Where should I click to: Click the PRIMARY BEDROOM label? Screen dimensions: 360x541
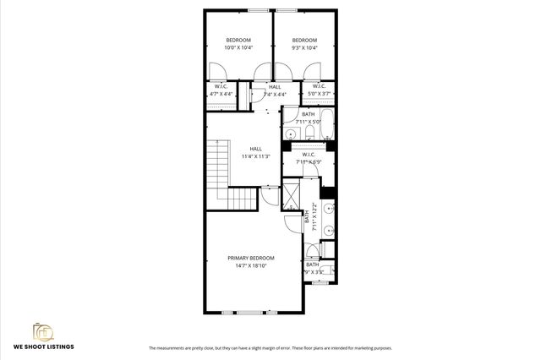[251, 258]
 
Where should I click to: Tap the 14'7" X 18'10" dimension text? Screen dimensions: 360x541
[251, 266]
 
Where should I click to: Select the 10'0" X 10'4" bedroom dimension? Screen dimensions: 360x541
[238, 48]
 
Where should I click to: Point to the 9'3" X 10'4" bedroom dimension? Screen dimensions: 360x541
[304, 48]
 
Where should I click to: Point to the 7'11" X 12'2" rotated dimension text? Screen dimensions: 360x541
[315, 217]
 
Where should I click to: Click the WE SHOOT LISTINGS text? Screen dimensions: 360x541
[43, 346]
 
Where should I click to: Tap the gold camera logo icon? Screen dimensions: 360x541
[42, 330]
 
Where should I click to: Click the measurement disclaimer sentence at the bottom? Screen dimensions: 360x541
[270, 348]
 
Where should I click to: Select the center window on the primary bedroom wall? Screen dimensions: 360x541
[250, 313]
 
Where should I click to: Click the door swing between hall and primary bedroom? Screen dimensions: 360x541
[270, 197]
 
